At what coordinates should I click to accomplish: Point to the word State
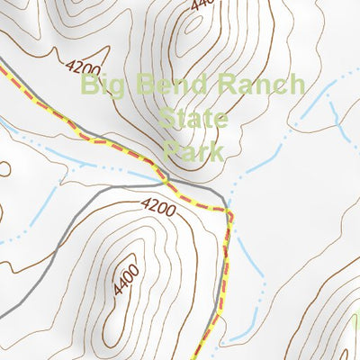point(193,118)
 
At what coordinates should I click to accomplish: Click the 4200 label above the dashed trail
point(83,66)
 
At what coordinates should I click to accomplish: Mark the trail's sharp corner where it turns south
point(230,213)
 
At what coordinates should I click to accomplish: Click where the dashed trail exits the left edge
point(2,66)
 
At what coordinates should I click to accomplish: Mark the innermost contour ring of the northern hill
point(191,36)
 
